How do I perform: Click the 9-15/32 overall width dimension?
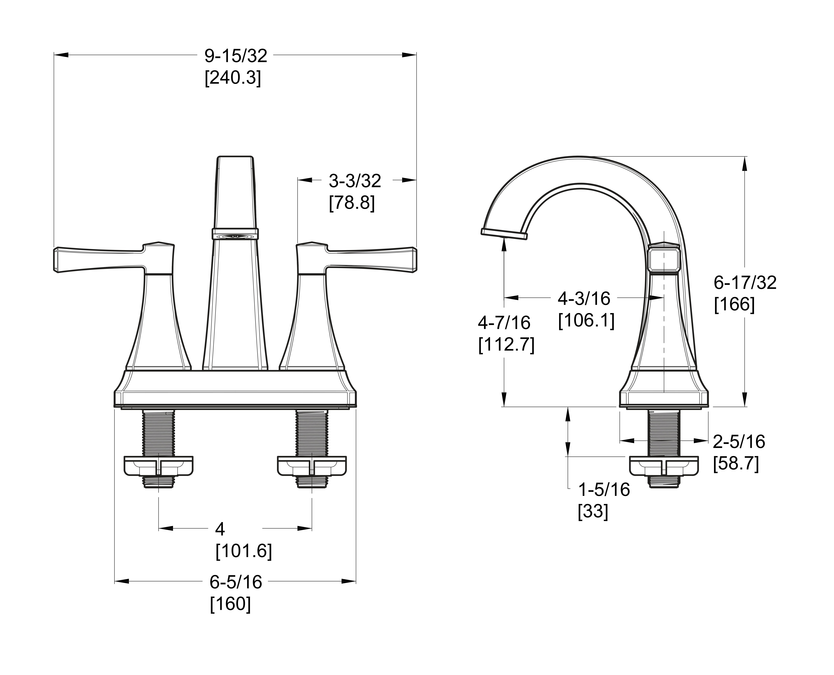point(236,56)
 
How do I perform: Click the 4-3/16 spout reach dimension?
point(584,298)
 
